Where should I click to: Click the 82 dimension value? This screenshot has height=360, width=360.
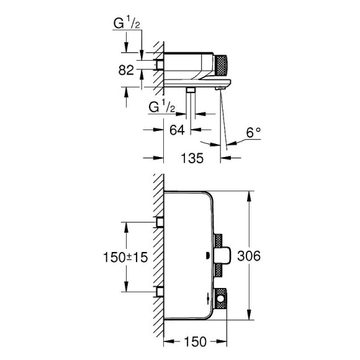click(x=126, y=70)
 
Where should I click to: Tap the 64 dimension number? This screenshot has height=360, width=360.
click(x=177, y=130)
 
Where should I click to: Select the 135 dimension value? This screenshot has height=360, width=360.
click(x=192, y=158)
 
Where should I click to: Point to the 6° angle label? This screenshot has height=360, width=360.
click(x=254, y=132)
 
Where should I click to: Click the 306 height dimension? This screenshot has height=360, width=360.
click(x=249, y=256)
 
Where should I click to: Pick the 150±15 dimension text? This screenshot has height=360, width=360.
click(x=125, y=257)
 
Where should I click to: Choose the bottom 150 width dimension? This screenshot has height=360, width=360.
click(x=195, y=342)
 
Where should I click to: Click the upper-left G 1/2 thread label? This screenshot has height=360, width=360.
click(x=127, y=24)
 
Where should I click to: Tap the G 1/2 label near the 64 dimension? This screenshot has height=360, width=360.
click(x=161, y=107)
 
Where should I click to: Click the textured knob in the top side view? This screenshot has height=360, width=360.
click(x=220, y=66)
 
